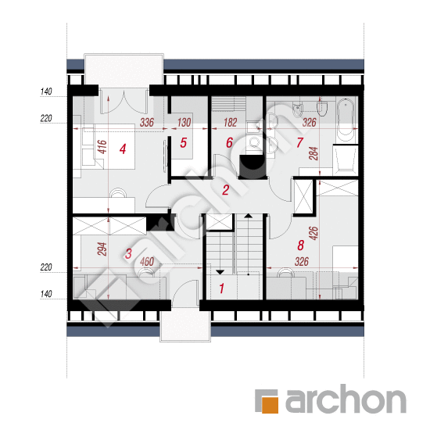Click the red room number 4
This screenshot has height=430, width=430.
pos(123,149)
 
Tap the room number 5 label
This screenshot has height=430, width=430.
pos(184,142)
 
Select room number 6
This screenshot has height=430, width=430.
pos(229,142)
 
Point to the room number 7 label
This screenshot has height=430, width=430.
pos(300,142)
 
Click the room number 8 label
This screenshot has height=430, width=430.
pos(301,245)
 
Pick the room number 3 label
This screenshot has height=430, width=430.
pos(128,253)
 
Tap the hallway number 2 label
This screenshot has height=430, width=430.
pos(226,190)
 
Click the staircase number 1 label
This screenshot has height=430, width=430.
pos(221,288)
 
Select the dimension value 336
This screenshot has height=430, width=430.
pos(147,123)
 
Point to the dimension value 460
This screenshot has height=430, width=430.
pos(147,262)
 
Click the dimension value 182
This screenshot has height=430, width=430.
pos(230,123)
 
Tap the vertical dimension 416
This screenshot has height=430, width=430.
pos(102,147)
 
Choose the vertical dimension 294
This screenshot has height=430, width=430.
pos(102,249)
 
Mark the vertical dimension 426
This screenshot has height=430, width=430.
pos(314,234)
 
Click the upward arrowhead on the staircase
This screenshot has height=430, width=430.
pos(248,216)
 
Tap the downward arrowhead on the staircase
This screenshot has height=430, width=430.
pos(220,272)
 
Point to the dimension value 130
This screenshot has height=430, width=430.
pos(184,123)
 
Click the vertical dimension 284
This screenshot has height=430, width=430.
pos(314,153)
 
